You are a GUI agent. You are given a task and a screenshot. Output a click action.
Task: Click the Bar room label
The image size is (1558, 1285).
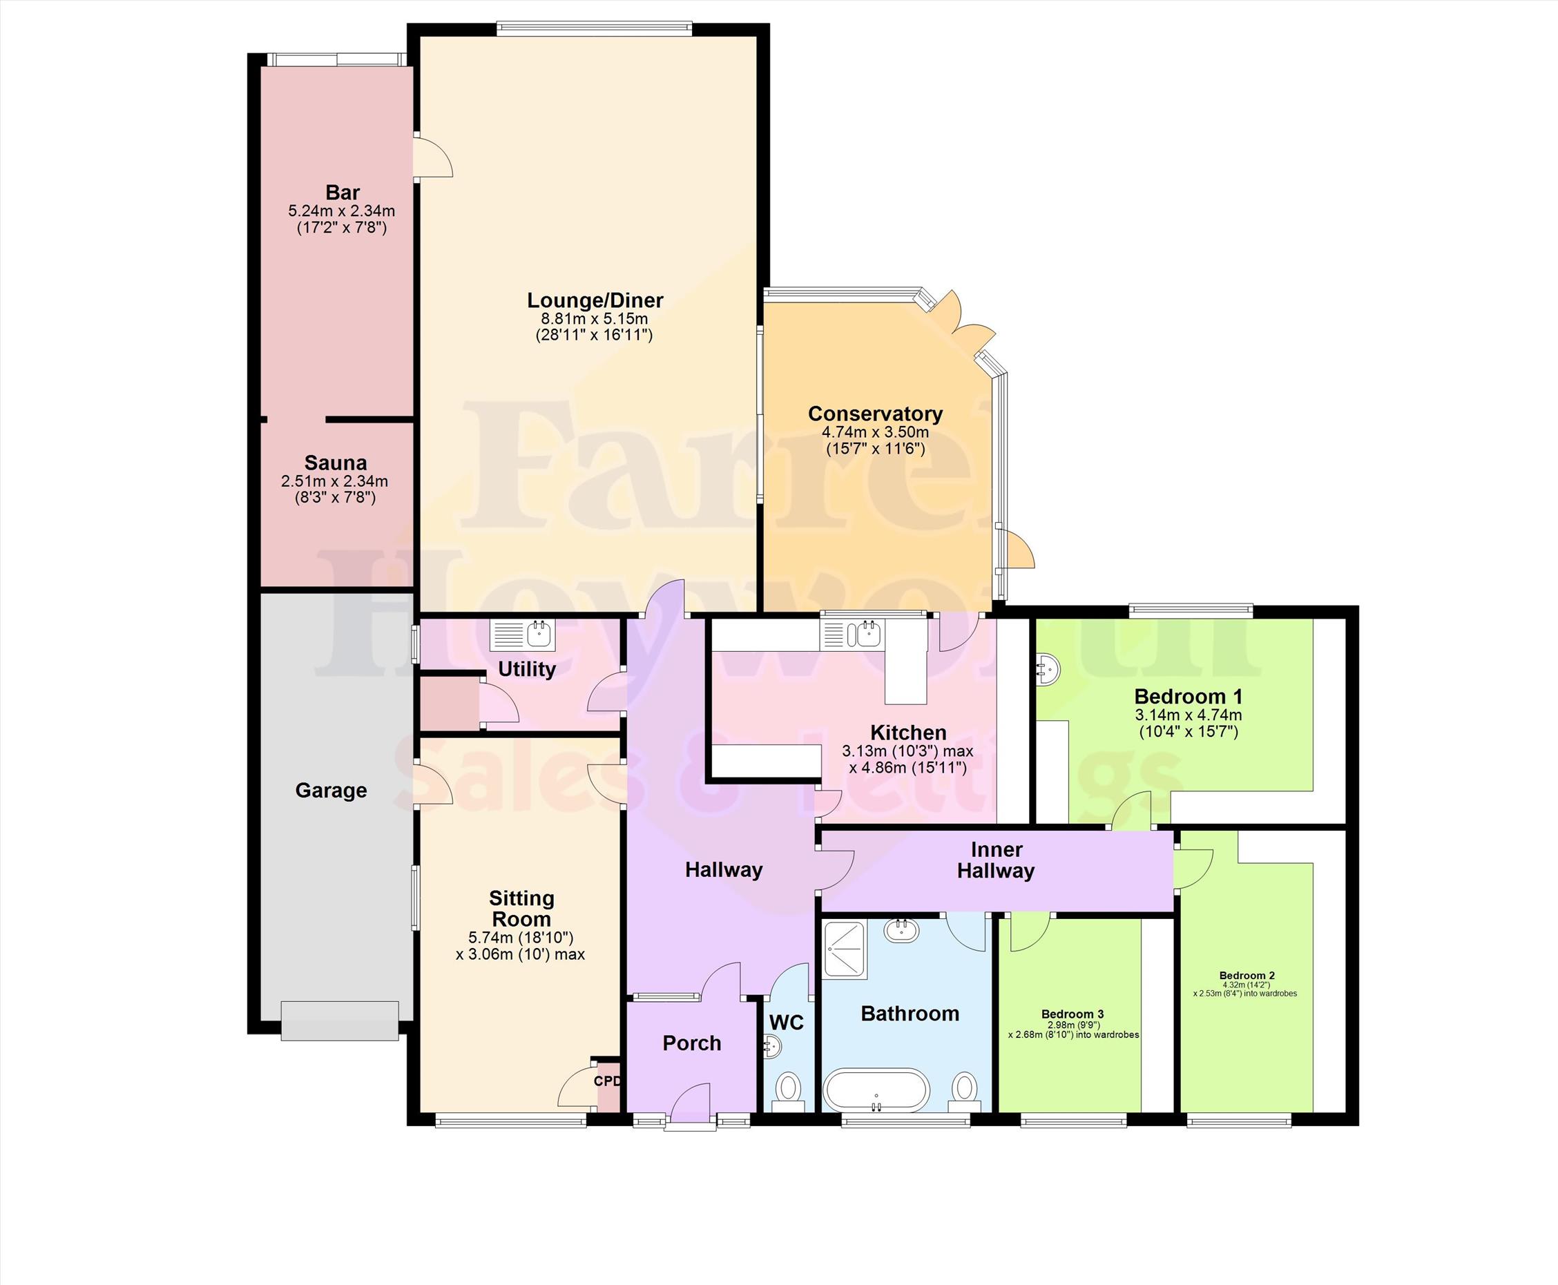342,193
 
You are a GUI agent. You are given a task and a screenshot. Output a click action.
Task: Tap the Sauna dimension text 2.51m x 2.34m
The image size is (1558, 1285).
334,481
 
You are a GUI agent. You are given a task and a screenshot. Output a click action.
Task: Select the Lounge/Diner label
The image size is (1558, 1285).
595,300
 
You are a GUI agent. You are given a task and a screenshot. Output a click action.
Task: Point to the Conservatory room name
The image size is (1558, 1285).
875,414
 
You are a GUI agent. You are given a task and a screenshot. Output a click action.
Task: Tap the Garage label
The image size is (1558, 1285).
331,791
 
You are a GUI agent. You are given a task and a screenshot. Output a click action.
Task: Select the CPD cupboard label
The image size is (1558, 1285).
607,1081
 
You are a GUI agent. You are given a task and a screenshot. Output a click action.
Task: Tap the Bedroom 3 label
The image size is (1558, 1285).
1073,1014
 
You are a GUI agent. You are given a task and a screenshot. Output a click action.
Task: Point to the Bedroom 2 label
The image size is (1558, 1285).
1247,976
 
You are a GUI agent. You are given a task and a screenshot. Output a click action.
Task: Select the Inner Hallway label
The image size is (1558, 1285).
995,860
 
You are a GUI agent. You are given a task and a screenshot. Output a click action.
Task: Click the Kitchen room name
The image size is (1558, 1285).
908,733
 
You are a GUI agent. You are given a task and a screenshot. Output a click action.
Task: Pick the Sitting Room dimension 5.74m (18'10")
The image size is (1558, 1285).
521,938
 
